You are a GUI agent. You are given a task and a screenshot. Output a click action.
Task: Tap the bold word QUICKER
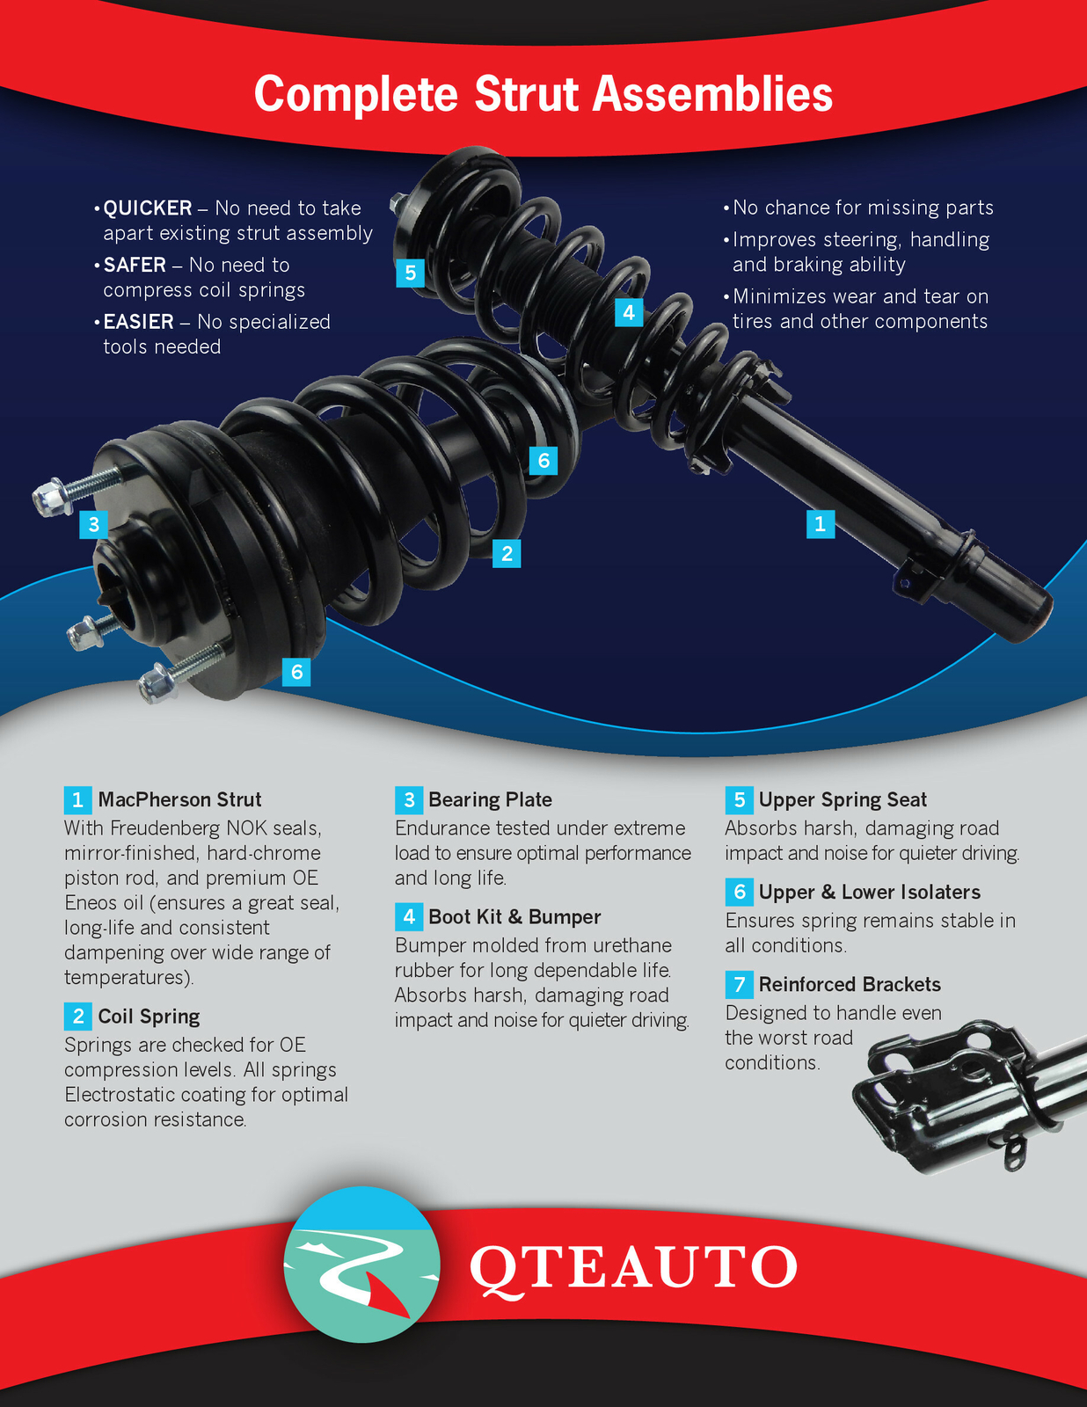148,208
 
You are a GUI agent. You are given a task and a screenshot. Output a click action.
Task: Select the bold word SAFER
135,265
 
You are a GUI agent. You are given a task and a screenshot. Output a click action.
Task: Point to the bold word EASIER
138,322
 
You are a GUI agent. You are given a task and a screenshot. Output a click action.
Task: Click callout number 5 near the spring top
410,273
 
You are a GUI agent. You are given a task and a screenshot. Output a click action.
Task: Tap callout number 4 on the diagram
628,312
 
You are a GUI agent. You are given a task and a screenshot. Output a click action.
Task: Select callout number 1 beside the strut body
820,524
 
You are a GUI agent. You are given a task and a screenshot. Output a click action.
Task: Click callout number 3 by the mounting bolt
93,525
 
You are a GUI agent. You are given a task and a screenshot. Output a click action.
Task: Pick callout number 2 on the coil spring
507,553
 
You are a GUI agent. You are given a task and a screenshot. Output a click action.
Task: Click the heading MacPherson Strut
179,799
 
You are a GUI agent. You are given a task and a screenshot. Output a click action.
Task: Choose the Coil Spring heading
149,1017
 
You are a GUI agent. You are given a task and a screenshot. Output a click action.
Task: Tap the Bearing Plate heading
490,799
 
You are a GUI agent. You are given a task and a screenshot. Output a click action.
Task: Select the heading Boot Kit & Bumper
514,916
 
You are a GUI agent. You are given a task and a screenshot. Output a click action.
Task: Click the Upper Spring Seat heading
843,799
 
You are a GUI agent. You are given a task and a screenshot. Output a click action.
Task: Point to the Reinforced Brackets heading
850,984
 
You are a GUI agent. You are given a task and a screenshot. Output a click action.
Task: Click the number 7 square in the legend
739,984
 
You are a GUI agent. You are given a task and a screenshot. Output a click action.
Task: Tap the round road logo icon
361,1265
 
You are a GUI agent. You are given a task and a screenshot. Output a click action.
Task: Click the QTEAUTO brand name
633,1267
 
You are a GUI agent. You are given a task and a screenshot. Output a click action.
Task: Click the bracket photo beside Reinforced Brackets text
959,1096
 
